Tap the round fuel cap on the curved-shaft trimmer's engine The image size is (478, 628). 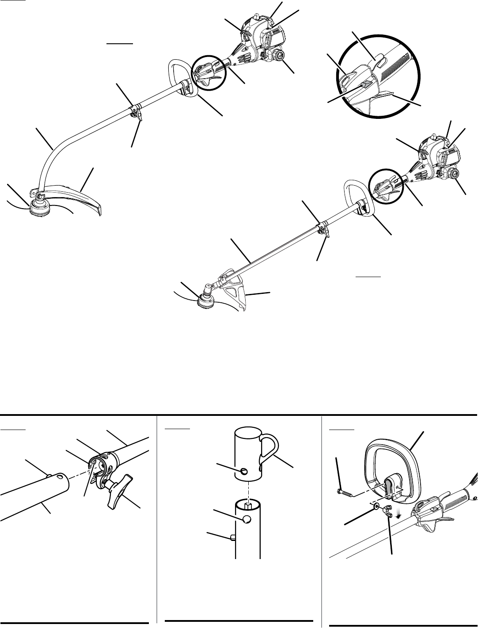(278, 56)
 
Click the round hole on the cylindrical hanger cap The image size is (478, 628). (244, 472)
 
